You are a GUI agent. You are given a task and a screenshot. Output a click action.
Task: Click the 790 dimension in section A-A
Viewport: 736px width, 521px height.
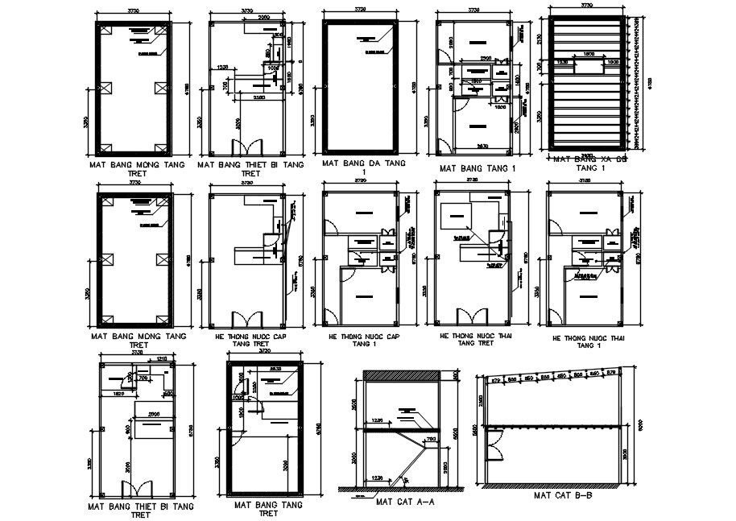431,439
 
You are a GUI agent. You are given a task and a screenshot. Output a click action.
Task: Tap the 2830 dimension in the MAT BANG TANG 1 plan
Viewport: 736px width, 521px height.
480,146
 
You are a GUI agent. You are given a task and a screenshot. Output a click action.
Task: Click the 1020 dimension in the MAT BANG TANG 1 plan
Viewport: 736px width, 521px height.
499,107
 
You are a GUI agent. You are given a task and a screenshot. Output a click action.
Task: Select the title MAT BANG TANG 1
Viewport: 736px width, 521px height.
475,169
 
